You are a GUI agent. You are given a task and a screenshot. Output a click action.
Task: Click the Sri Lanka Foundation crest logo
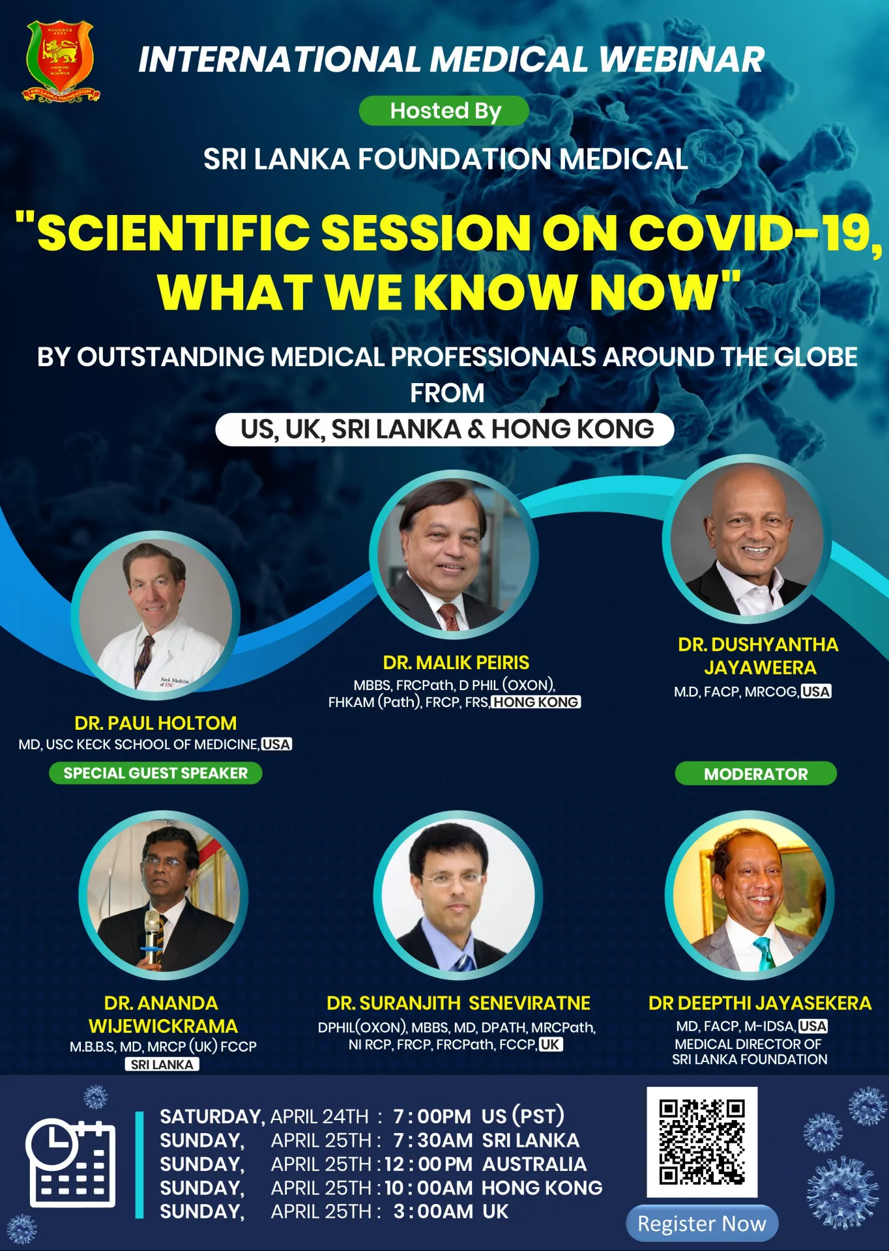[62, 61]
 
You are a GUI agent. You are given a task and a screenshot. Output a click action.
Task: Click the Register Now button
[702, 1224]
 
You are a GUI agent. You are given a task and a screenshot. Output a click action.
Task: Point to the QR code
[702, 1142]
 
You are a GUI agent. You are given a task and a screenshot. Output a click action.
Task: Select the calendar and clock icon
[70, 1163]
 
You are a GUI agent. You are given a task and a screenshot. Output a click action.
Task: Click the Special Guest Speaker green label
[155, 773]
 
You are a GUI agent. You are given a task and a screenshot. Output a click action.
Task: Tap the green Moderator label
[755, 773]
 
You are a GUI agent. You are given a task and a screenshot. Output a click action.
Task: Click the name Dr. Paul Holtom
[155, 723]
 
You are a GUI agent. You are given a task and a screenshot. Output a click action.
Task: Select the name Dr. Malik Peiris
[456, 663]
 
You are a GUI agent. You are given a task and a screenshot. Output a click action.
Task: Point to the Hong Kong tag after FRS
[536, 702]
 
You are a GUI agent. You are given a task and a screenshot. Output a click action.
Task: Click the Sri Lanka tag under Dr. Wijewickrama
[162, 1064]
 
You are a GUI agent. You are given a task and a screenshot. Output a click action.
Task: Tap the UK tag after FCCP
[551, 1044]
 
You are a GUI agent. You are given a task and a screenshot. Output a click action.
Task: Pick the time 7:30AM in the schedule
[433, 1140]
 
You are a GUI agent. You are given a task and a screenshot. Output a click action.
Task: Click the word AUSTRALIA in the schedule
[534, 1164]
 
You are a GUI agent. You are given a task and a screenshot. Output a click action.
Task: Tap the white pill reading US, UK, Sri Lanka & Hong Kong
[444, 429]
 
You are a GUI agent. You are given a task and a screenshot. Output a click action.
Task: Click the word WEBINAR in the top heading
[682, 59]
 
